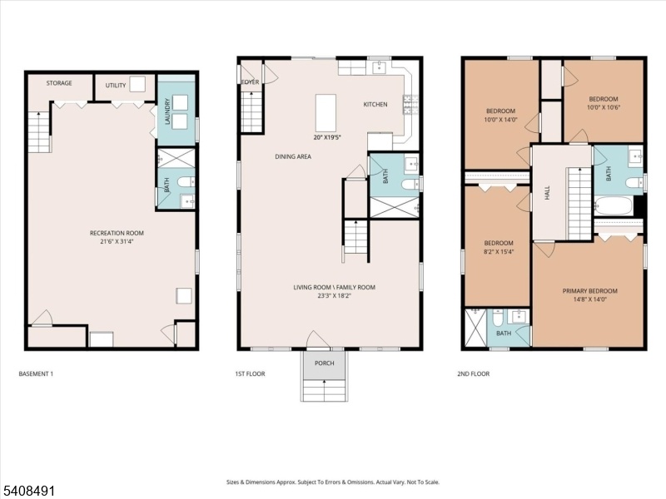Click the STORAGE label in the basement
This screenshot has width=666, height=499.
(x=59, y=83)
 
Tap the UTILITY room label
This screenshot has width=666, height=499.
(x=116, y=86)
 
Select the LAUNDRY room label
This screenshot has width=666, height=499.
(x=167, y=112)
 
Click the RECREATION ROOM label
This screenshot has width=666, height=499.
(x=117, y=233)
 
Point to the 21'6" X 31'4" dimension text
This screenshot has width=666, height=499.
(x=117, y=241)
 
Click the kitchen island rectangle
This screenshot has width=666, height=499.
(x=326, y=113)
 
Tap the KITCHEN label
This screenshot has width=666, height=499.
(x=375, y=105)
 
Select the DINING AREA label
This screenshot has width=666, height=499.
(x=293, y=156)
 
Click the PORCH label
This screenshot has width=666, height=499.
(x=325, y=363)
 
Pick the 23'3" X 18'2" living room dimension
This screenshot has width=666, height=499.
(x=335, y=296)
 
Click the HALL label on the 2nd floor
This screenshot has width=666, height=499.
(x=547, y=193)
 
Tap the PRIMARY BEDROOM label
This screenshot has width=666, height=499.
(x=590, y=291)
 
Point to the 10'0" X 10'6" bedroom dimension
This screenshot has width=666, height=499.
(x=604, y=107)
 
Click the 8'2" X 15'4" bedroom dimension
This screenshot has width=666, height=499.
(x=499, y=252)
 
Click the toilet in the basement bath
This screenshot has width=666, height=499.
(x=186, y=182)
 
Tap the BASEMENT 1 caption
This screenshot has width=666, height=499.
(x=36, y=373)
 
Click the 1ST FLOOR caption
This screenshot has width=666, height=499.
(x=251, y=373)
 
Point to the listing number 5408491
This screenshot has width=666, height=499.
(x=27, y=491)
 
